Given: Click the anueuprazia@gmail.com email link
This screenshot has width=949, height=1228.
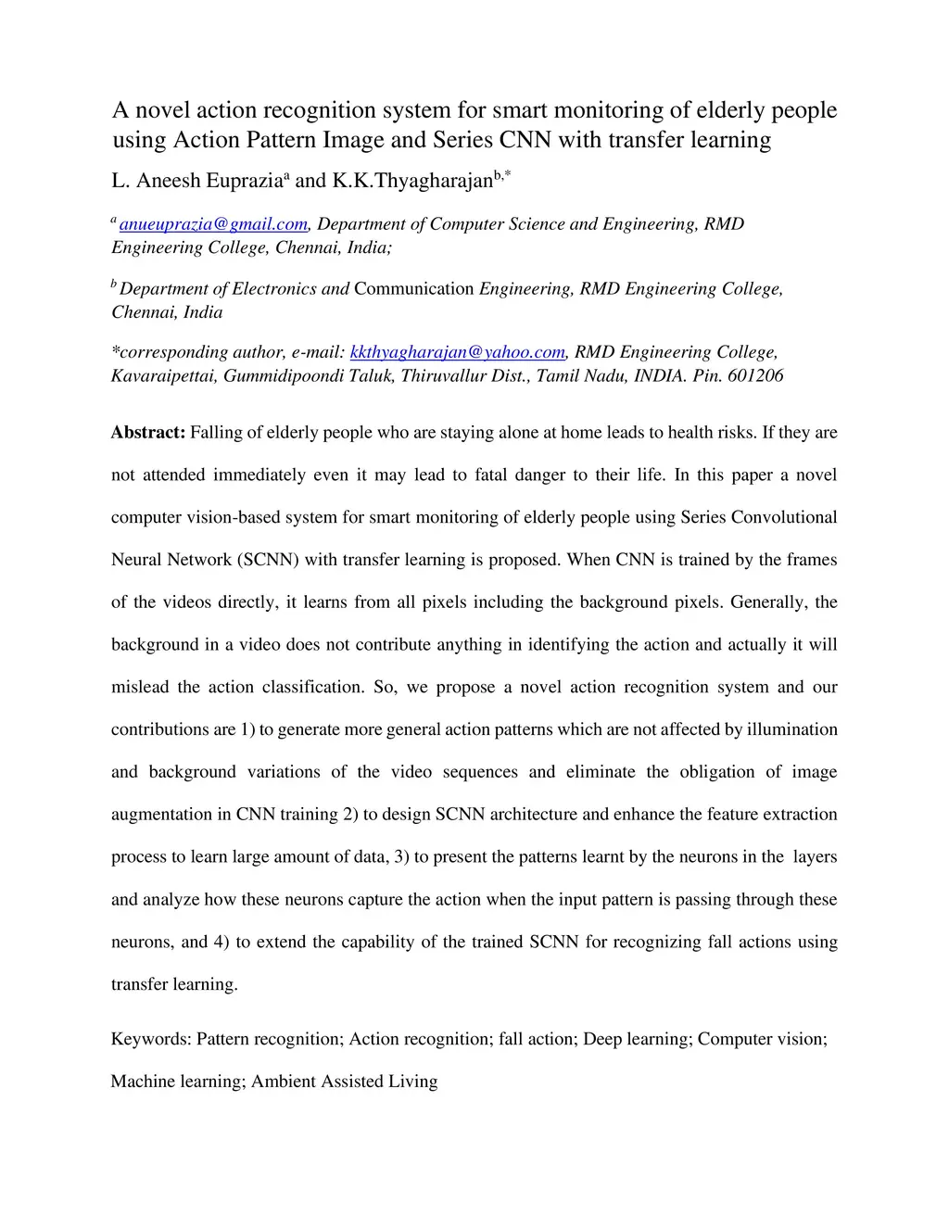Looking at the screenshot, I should point(213,224).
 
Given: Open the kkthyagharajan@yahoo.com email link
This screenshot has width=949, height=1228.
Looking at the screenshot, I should point(458,352).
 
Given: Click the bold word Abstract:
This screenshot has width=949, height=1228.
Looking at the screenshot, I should point(148,433).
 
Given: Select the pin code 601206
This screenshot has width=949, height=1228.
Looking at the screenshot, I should point(755,375).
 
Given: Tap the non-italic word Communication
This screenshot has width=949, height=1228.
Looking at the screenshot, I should point(414,288).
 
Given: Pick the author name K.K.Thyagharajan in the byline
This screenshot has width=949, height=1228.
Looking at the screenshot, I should point(412,181).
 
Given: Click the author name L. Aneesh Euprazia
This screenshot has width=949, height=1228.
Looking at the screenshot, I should point(196,181).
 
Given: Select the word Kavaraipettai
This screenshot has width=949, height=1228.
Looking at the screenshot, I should point(163,375).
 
